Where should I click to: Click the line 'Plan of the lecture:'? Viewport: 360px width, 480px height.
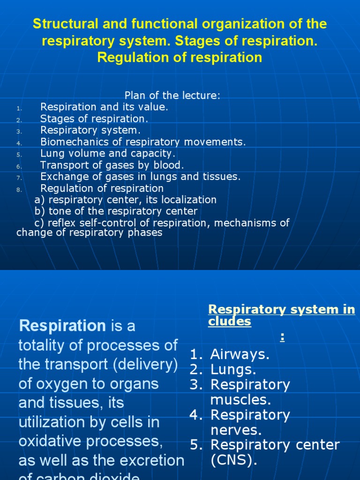(x=172, y=96)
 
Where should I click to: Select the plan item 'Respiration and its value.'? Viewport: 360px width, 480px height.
(x=104, y=107)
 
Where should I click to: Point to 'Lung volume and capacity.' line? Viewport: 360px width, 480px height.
(x=108, y=154)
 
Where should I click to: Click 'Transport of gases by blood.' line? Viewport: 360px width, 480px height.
(x=112, y=165)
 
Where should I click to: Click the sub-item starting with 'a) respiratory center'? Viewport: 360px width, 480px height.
(x=125, y=200)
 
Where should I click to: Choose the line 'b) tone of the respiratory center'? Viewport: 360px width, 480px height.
(x=116, y=211)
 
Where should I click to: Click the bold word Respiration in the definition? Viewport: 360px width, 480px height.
(x=62, y=325)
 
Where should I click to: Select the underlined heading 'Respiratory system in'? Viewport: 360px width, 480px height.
(x=281, y=309)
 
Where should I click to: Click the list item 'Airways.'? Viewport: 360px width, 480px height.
(x=240, y=355)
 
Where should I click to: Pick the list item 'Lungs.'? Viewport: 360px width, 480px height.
(x=233, y=370)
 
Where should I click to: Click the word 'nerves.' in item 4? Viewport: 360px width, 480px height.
(x=236, y=430)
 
